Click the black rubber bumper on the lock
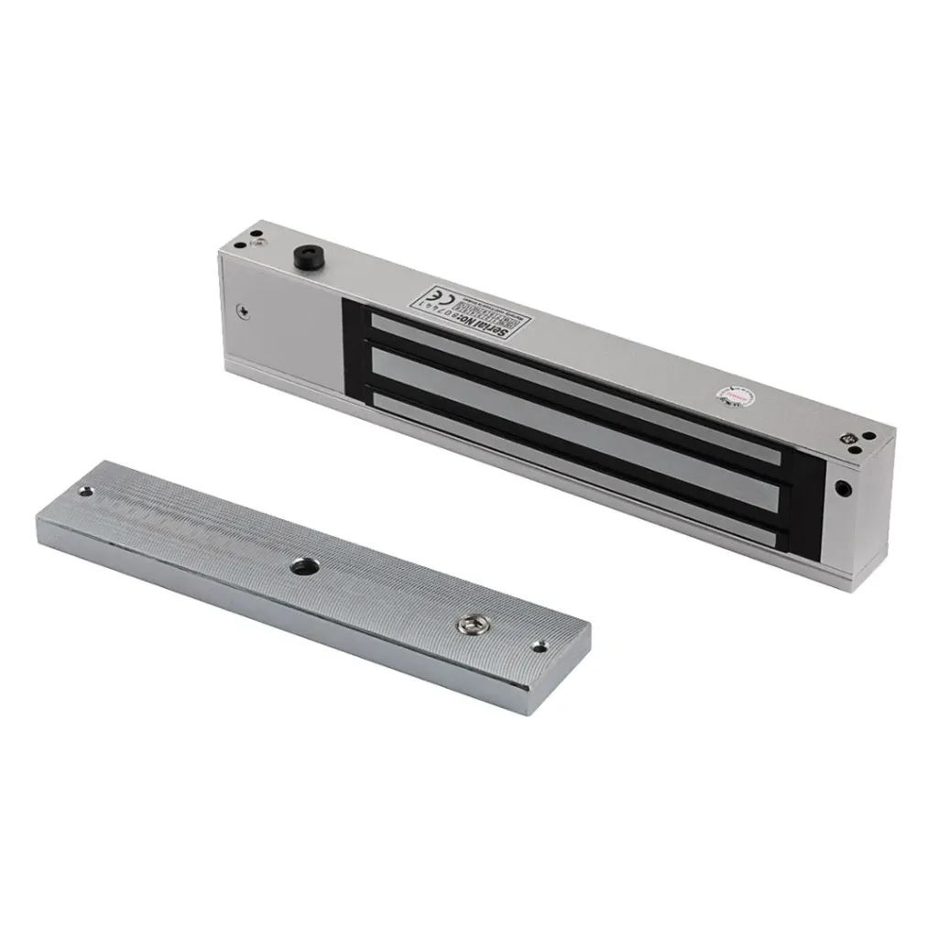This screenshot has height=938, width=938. tap(302, 256)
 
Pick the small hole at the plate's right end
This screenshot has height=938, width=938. tap(540, 647)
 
